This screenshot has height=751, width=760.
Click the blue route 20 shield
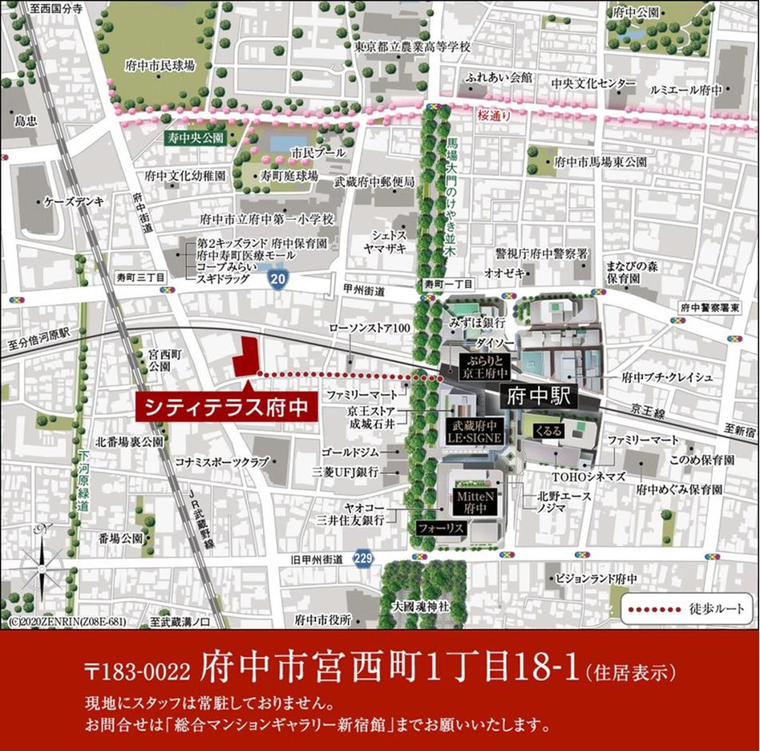[x=277, y=279]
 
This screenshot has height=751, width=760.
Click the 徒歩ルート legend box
[x=687, y=609]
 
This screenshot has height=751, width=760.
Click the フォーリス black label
[x=440, y=529]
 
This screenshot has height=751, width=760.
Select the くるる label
[x=553, y=431]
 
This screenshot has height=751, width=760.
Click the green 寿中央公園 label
[x=193, y=137]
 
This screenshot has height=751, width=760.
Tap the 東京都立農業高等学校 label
[x=412, y=47]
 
